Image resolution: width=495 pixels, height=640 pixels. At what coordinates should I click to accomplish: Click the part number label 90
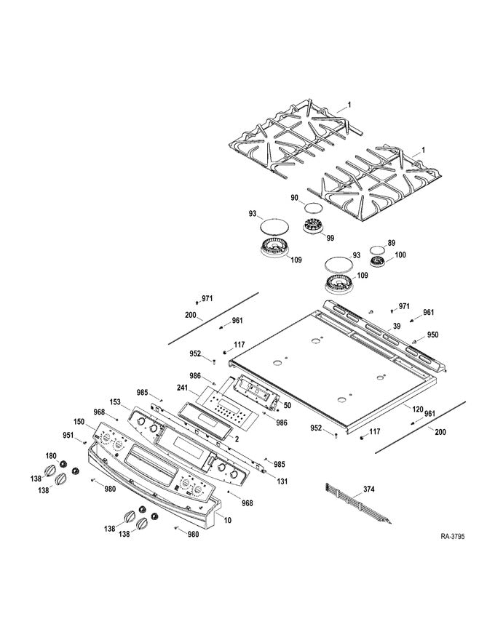(295, 198)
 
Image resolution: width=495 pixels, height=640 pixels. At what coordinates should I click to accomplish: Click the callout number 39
(397, 327)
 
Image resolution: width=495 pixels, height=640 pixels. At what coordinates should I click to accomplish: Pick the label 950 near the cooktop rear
(432, 335)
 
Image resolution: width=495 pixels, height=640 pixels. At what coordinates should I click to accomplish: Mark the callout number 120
(418, 410)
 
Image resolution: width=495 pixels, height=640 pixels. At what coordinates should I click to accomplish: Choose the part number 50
(287, 404)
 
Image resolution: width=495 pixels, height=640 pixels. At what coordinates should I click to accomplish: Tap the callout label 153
(115, 402)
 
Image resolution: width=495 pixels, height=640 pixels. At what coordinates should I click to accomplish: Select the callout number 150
(79, 422)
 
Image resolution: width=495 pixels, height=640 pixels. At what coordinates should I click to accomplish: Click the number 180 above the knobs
(51, 455)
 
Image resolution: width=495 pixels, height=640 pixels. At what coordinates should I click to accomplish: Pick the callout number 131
(281, 481)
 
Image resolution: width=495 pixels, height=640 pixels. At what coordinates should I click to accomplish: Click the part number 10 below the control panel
(227, 521)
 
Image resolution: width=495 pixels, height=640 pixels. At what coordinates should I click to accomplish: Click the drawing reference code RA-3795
(452, 537)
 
